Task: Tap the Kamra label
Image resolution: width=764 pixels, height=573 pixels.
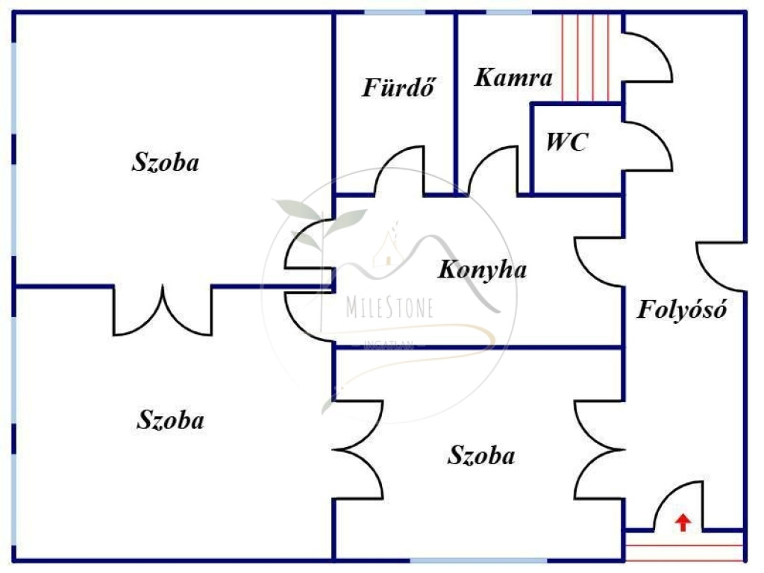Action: pyautogui.click(x=513, y=78)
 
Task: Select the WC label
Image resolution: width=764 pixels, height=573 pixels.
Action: pyautogui.click(x=567, y=142)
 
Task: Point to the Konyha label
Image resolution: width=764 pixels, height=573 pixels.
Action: pyautogui.click(x=481, y=269)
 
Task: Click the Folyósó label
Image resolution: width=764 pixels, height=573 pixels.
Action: pyautogui.click(x=681, y=309)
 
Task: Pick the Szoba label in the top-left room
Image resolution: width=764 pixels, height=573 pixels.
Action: pyautogui.click(x=166, y=163)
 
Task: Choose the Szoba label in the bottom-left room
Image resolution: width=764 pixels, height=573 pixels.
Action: pyautogui.click(x=170, y=420)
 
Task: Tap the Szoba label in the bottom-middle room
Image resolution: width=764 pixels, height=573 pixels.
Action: pyautogui.click(x=481, y=455)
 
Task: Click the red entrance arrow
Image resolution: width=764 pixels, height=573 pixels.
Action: pyautogui.click(x=682, y=522)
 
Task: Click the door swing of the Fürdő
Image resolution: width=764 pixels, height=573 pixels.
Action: pyautogui.click(x=401, y=172)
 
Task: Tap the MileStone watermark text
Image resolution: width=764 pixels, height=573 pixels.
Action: pyautogui.click(x=389, y=308)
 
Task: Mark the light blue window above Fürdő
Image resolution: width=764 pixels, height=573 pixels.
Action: pyautogui.click(x=394, y=12)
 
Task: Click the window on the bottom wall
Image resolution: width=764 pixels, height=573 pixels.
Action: pyautogui.click(x=477, y=560)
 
